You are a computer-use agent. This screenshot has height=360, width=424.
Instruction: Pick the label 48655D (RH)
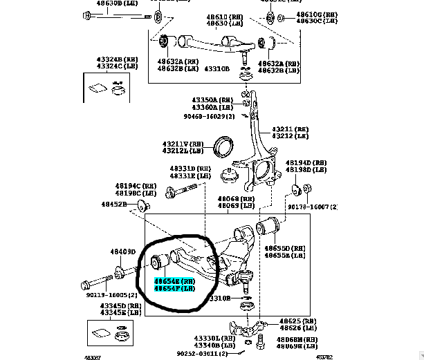289,247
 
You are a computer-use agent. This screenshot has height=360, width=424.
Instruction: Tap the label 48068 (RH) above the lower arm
237,199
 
